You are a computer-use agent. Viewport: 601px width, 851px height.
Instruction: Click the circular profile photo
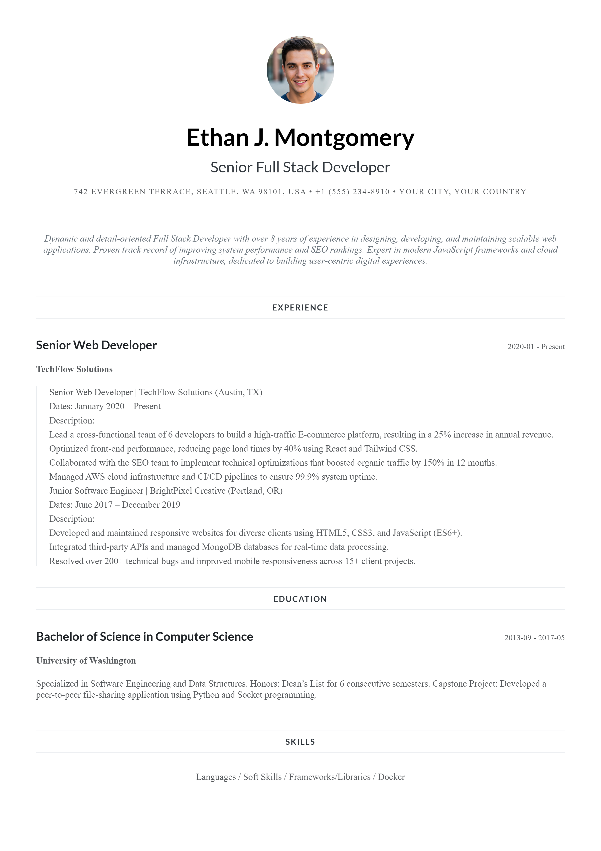click(x=300, y=70)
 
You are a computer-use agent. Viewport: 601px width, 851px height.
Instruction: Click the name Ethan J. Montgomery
click(x=300, y=138)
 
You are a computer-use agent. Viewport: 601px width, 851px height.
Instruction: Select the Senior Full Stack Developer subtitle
click(x=300, y=167)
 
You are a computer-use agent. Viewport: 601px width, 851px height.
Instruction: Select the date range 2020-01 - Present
click(x=536, y=347)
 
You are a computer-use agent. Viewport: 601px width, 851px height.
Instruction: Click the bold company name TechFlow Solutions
click(x=74, y=369)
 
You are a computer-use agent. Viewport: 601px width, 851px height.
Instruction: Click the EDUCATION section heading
click(x=300, y=599)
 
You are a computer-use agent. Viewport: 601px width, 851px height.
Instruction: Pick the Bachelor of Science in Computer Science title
click(x=144, y=637)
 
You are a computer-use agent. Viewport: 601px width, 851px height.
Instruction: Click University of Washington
click(x=86, y=661)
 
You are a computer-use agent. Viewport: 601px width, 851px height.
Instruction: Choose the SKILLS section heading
click(x=300, y=742)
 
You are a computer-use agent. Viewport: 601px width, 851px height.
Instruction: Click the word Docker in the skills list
click(x=391, y=777)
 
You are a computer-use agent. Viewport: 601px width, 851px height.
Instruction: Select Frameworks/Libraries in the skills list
click(x=330, y=777)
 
